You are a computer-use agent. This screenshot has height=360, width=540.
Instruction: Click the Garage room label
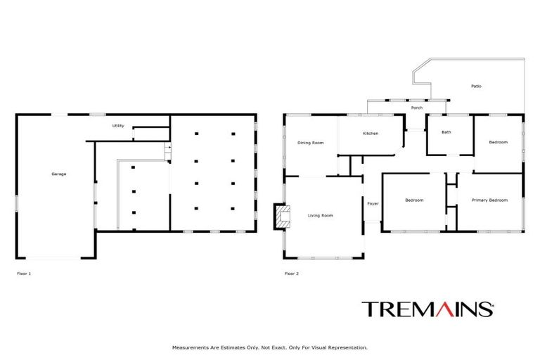click(x=58, y=174)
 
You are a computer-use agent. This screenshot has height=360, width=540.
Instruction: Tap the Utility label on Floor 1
click(x=118, y=126)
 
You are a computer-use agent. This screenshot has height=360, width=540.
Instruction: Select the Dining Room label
click(x=310, y=143)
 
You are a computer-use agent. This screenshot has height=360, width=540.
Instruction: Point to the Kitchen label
click(x=371, y=134)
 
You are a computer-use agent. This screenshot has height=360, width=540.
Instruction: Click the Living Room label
click(x=320, y=215)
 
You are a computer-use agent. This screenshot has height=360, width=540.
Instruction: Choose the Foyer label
click(x=373, y=203)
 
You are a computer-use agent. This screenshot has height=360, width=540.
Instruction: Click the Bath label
click(x=446, y=132)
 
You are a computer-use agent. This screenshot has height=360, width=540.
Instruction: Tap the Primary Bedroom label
click(x=489, y=200)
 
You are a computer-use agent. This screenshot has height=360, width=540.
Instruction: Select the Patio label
click(x=476, y=86)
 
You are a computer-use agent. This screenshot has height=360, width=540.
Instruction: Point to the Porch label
click(x=417, y=108)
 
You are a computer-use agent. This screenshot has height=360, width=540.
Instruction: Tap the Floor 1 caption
click(x=24, y=274)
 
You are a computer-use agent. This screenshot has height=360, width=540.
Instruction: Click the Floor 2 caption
click(x=291, y=274)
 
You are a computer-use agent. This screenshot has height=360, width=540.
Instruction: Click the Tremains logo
click(x=427, y=309)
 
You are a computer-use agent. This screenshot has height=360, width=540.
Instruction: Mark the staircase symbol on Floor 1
click(x=167, y=150)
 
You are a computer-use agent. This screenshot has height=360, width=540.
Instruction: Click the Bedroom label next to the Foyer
click(x=414, y=200)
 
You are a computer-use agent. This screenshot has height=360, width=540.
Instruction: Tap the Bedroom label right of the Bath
click(x=498, y=143)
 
